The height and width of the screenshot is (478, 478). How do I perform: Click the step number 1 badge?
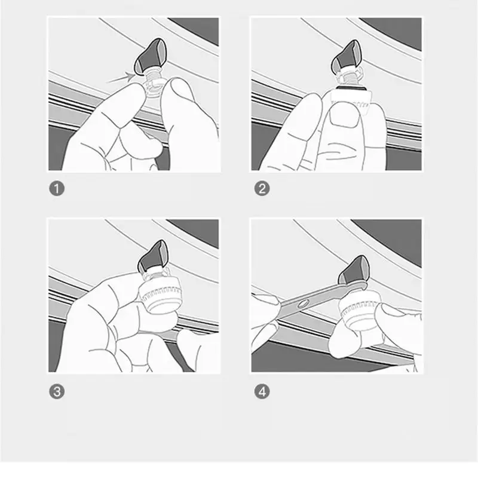[56, 189]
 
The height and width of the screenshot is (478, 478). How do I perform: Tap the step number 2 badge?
[262, 189]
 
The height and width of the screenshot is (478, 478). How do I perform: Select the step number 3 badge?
[56, 392]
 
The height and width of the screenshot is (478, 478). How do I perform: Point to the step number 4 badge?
[262, 392]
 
